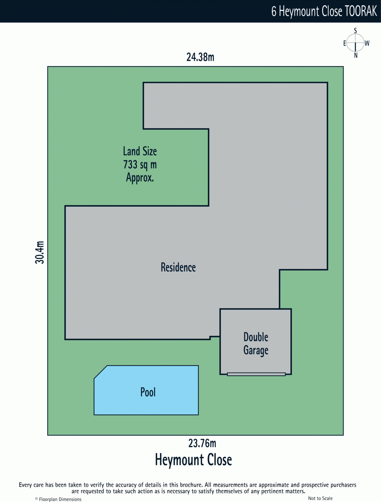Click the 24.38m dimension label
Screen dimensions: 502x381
click(x=200, y=57)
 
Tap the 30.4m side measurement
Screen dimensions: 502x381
click(x=40, y=252)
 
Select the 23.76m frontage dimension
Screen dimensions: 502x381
click(x=202, y=443)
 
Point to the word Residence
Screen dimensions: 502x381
click(x=178, y=267)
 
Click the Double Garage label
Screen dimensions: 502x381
click(x=256, y=344)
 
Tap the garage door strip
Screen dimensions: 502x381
click(x=256, y=374)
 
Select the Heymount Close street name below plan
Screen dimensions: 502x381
click(x=193, y=460)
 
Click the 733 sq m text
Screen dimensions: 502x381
click(x=140, y=164)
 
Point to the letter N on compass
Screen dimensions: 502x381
click(x=356, y=56)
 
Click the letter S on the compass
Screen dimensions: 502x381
click(x=355, y=30)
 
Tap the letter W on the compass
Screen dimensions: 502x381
click(x=367, y=43)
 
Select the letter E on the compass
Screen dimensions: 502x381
click(x=345, y=43)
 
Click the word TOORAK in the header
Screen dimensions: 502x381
click(x=361, y=11)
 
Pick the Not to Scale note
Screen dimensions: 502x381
click(x=320, y=498)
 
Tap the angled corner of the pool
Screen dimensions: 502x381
click(x=100, y=372)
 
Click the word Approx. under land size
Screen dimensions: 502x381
click(x=140, y=178)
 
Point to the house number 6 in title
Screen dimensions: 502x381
click(x=274, y=12)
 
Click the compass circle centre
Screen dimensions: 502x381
click(x=355, y=43)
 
